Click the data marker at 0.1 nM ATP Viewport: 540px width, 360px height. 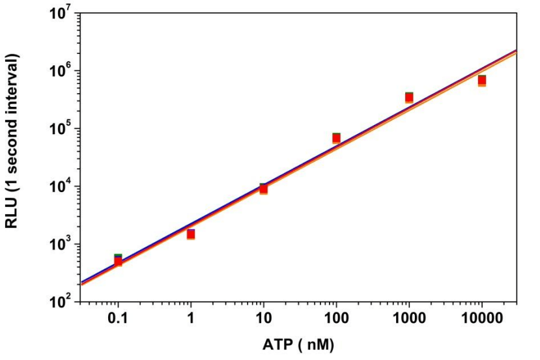click(x=118, y=260)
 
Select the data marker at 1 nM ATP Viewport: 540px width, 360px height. click(x=191, y=234)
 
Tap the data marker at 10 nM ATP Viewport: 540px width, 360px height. click(x=263, y=189)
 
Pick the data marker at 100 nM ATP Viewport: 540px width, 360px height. click(x=336, y=138)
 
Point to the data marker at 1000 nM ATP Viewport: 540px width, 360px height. click(x=409, y=98)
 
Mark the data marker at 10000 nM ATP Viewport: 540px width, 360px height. click(x=482, y=81)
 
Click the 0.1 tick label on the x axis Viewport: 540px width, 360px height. click(x=118, y=319)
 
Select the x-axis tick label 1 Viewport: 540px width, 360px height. click(x=191, y=319)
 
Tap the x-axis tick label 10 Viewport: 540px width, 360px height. click(x=263, y=319)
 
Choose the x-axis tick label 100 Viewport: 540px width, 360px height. click(x=336, y=319)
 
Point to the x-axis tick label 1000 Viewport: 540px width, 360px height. click(x=408, y=319)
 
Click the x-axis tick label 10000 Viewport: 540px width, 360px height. click(x=481, y=319)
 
